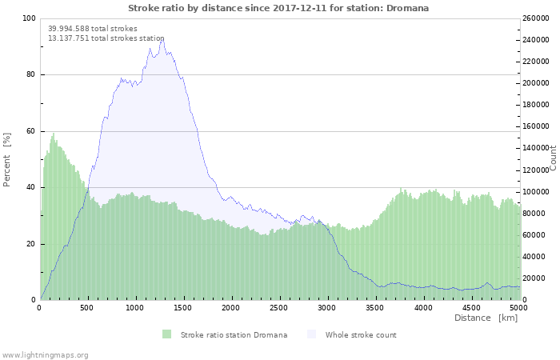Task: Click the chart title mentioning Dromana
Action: point(278,8)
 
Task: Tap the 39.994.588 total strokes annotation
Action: point(93,29)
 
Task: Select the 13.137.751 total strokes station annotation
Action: point(106,38)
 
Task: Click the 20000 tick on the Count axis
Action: point(536,278)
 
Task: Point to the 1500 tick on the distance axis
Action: point(183,308)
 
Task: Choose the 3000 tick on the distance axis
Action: point(326,308)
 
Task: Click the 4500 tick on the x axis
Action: point(470,308)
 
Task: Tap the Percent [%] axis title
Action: point(7,160)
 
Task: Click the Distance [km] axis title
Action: point(486,318)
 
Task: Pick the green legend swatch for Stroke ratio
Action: point(166,334)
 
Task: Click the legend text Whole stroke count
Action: point(361,334)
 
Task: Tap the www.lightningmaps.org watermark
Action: point(45,354)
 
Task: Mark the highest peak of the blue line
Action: point(162,37)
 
